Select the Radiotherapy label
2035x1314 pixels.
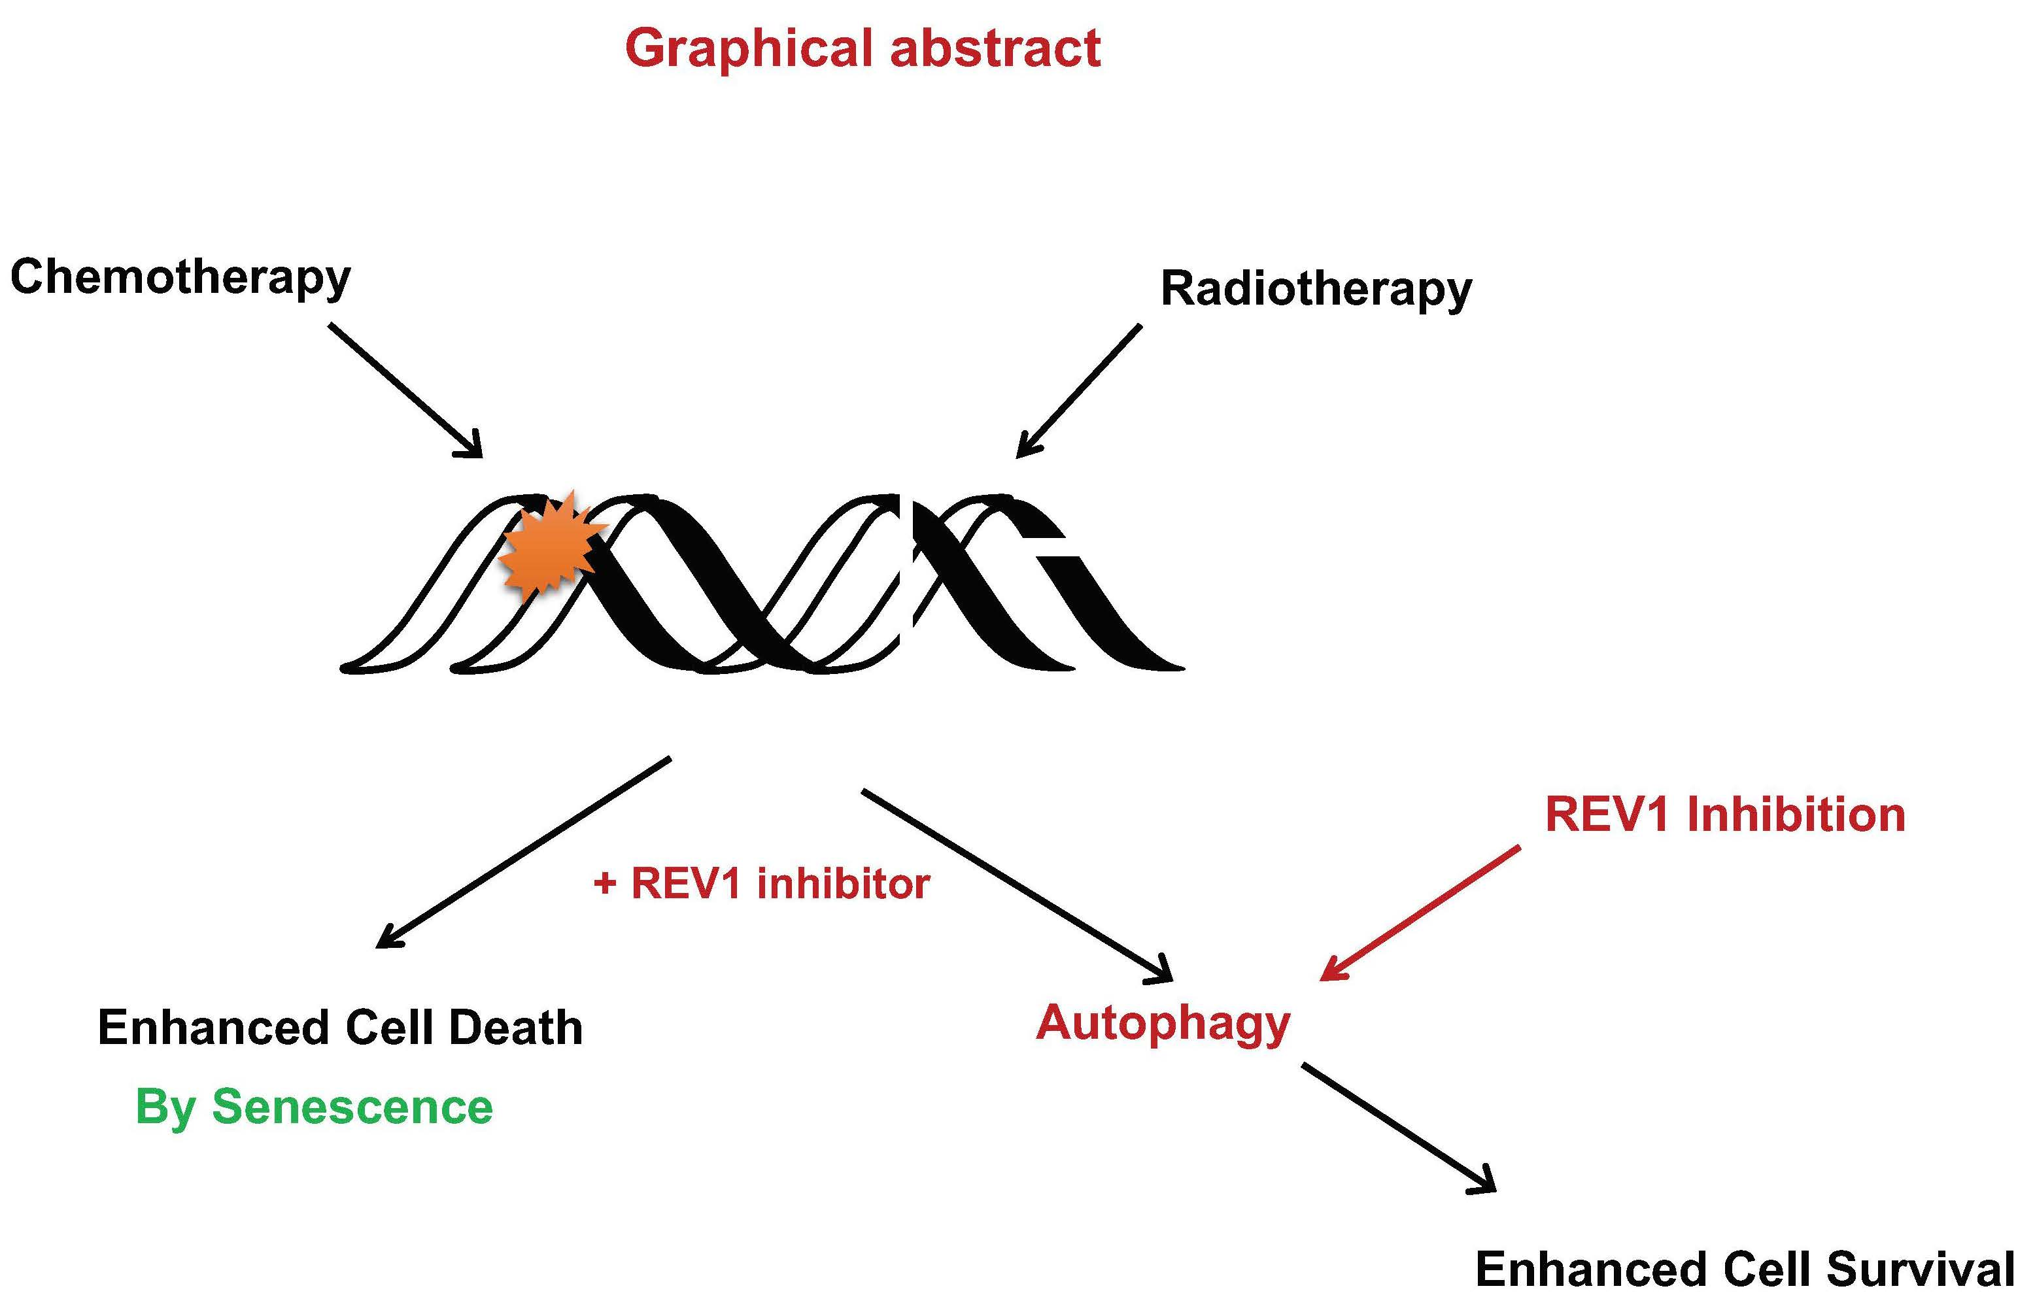coord(1315,289)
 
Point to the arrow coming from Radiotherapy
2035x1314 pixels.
coord(1080,390)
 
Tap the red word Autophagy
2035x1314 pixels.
coord(1162,1023)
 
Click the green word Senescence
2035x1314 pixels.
coord(352,1107)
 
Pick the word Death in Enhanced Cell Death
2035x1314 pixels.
coord(515,1027)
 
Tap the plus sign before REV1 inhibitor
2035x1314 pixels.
coord(604,884)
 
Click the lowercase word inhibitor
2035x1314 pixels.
coord(842,883)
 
